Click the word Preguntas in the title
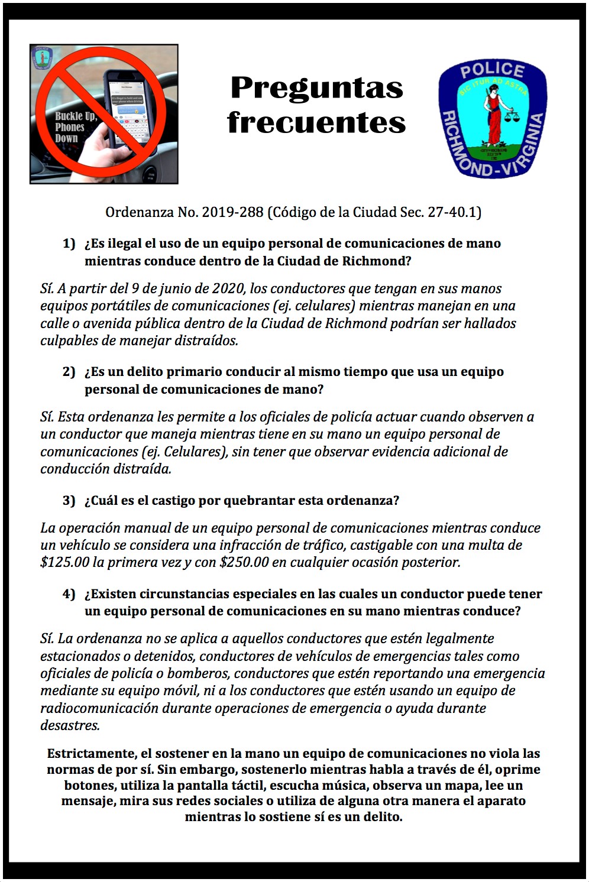tap(316, 88)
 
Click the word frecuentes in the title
tap(316, 122)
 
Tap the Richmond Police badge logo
tap(492, 118)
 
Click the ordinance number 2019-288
tap(232, 212)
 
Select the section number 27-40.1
tap(454, 212)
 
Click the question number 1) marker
tap(69, 244)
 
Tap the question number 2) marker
tap(69, 372)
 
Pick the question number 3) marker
tap(69, 501)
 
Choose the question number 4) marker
tap(69, 594)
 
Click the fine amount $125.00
tap(64, 562)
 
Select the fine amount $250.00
tap(244, 562)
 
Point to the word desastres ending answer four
tap(70, 725)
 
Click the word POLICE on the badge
tap(492, 71)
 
